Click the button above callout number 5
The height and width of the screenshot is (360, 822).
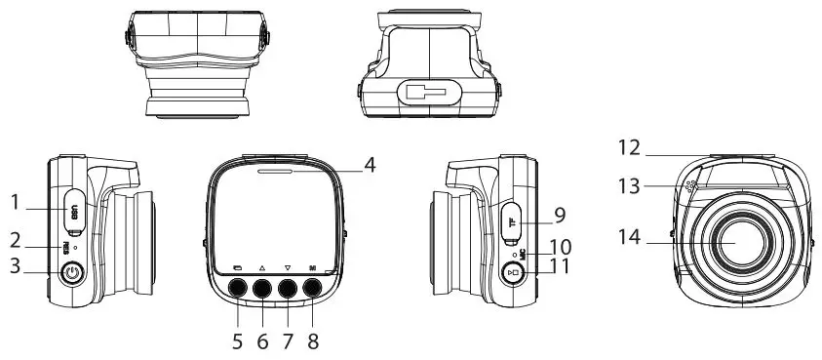(237, 288)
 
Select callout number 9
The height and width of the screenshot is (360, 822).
(560, 213)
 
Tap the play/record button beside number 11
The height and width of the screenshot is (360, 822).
(515, 272)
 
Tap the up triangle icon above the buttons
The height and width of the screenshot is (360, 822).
(262, 266)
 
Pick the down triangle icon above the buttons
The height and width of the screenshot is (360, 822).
(288, 266)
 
